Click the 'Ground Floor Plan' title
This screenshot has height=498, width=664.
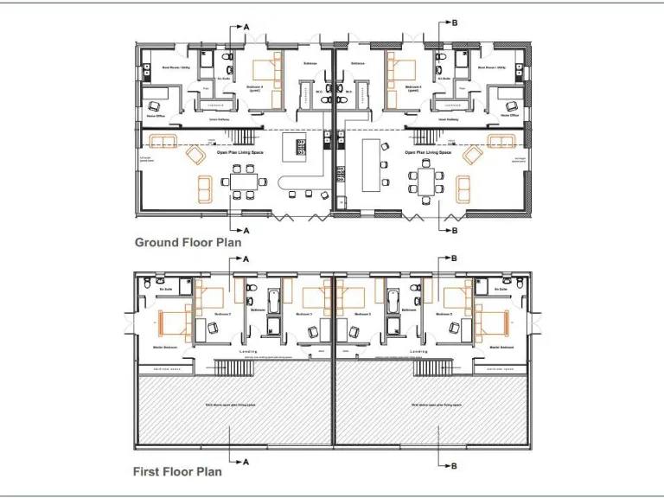click(x=188, y=243)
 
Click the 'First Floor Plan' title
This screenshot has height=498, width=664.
click(x=177, y=472)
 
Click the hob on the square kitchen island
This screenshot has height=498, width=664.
click(x=301, y=145)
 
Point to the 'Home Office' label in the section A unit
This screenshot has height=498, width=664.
click(x=156, y=114)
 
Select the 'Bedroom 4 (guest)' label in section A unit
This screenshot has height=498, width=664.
click(x=255, y=88)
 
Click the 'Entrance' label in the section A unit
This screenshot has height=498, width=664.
click(x=311, y=63)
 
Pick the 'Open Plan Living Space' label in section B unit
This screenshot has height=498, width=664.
click(x=428, y=152)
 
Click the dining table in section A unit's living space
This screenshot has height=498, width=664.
click(x=239, y=182)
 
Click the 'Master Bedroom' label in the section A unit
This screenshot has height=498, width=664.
click(x=165, y=348)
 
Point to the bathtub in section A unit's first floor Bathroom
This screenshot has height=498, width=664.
click(x=274, y=300)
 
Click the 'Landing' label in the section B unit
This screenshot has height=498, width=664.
click(x=419, y=352)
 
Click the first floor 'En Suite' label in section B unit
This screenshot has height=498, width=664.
click(x=500, y=290)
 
